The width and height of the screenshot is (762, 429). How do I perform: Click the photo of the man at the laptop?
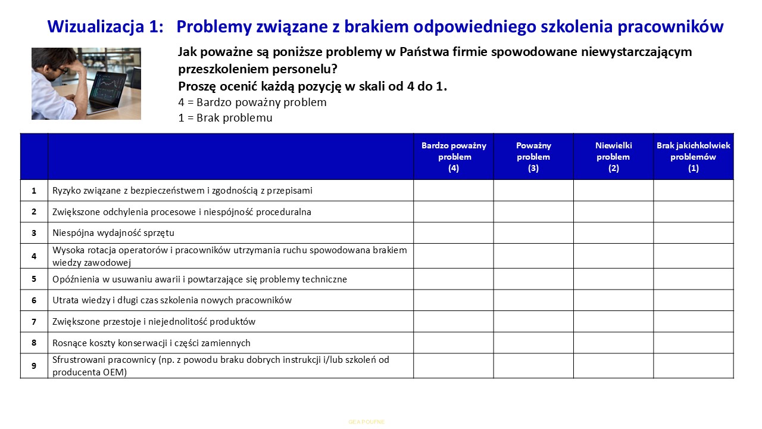[86, 83]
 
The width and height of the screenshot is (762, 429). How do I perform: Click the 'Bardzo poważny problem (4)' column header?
[454, 157]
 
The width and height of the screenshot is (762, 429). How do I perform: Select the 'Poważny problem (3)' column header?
[533, 157]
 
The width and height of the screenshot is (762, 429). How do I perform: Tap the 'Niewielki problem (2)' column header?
[613, 157]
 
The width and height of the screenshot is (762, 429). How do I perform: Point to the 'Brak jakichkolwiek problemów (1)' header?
[694, 157]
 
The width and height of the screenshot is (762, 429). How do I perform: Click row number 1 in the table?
[35, 191]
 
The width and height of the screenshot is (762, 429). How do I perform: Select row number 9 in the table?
[35, 366]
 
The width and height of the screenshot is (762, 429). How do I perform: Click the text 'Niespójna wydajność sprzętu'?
[113, 233]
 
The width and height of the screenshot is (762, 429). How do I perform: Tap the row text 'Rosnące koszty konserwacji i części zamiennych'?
[151, 343]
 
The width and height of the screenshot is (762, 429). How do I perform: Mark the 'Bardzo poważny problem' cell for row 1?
[454, 191]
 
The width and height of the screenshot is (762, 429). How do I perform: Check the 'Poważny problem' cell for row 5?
[533, 279]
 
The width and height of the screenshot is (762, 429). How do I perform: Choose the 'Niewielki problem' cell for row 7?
[613, 322]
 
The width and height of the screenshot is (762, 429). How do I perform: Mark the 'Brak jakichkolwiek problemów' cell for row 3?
[694, 233]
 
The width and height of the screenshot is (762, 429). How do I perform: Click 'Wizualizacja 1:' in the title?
[105, 27]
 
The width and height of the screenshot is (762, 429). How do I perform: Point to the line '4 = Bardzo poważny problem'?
[252, 102]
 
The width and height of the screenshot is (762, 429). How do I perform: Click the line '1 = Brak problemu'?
[225, 118]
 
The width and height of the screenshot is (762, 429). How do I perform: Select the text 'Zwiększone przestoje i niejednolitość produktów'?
[154, 322]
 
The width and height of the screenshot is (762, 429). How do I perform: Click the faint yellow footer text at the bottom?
[367, 422]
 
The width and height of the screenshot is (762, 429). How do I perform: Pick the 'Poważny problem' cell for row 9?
[533, 366]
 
